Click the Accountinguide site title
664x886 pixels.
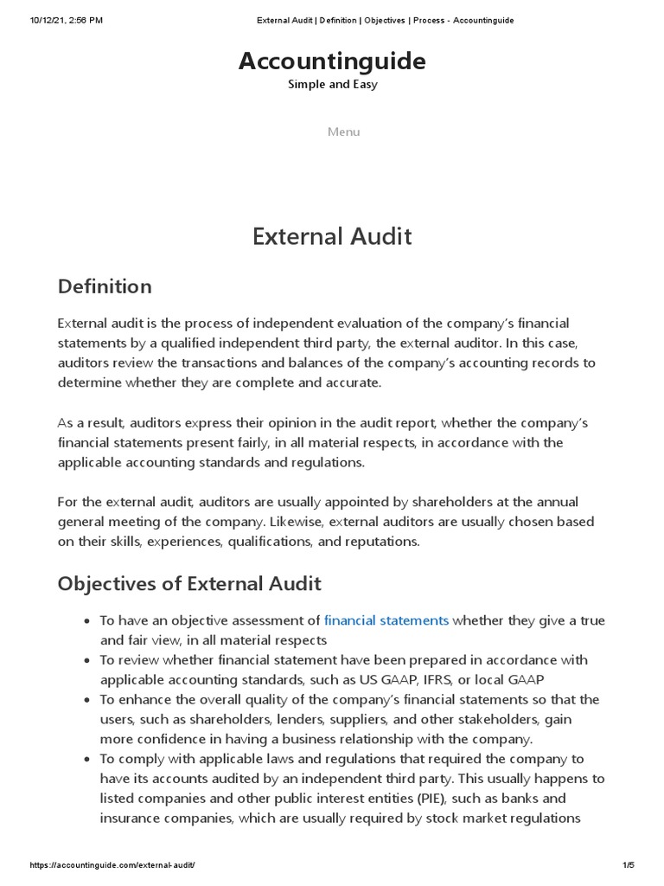click(332, 61)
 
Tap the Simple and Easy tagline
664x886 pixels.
click(332, 85)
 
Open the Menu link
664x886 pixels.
click(343, 132)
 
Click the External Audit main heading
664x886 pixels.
click(332, 236)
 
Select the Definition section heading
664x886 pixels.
click(105, 286)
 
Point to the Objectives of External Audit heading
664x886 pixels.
click(189, 583)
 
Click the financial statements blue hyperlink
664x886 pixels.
click(386, 620)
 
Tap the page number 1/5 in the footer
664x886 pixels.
click(629, 865)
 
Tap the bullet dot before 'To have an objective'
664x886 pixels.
click(86, 621)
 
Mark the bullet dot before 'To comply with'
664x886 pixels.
click(86, 759)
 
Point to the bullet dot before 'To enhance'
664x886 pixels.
click(86, 700)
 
